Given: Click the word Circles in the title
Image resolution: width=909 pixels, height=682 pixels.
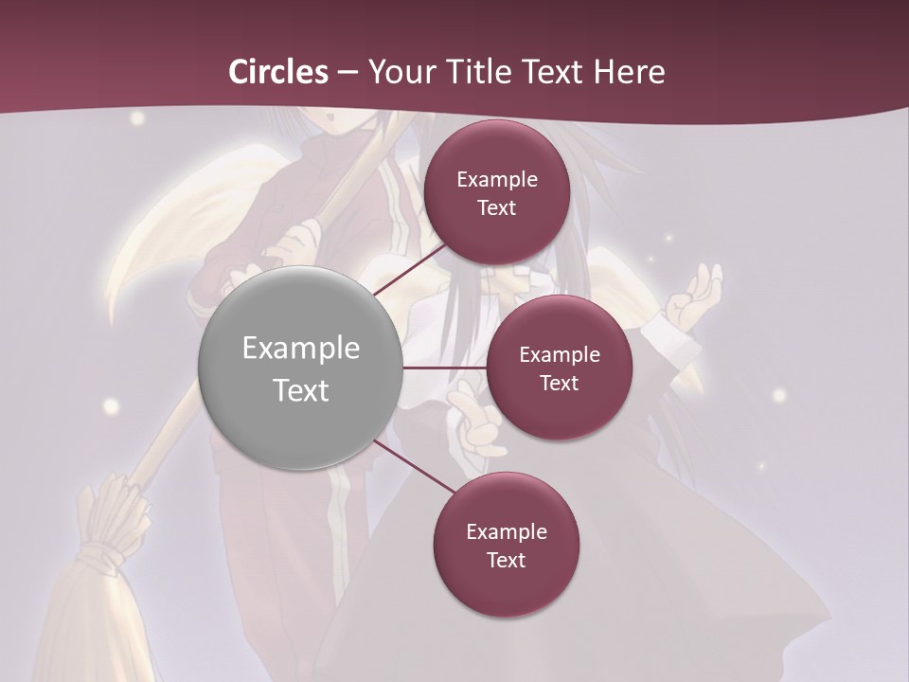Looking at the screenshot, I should (278, 72).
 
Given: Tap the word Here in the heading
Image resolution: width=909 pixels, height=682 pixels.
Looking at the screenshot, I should (629, 72).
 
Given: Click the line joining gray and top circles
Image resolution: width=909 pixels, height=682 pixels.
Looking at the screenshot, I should (411, 268).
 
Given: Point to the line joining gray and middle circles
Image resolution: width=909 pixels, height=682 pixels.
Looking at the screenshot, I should (445, 368).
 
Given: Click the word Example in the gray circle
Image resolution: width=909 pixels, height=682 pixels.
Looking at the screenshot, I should (301, 349).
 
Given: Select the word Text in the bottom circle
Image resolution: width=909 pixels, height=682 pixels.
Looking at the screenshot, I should (506, 561).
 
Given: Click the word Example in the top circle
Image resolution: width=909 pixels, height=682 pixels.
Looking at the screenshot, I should (497, 179).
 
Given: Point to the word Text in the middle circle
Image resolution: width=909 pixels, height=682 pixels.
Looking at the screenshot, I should (559, 384).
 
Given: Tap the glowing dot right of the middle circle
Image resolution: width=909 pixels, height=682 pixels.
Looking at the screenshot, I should (779, 395).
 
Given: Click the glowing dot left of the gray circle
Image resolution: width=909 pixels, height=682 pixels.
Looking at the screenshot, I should (112, 406).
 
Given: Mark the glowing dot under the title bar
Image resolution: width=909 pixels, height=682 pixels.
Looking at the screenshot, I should (138, 118).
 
